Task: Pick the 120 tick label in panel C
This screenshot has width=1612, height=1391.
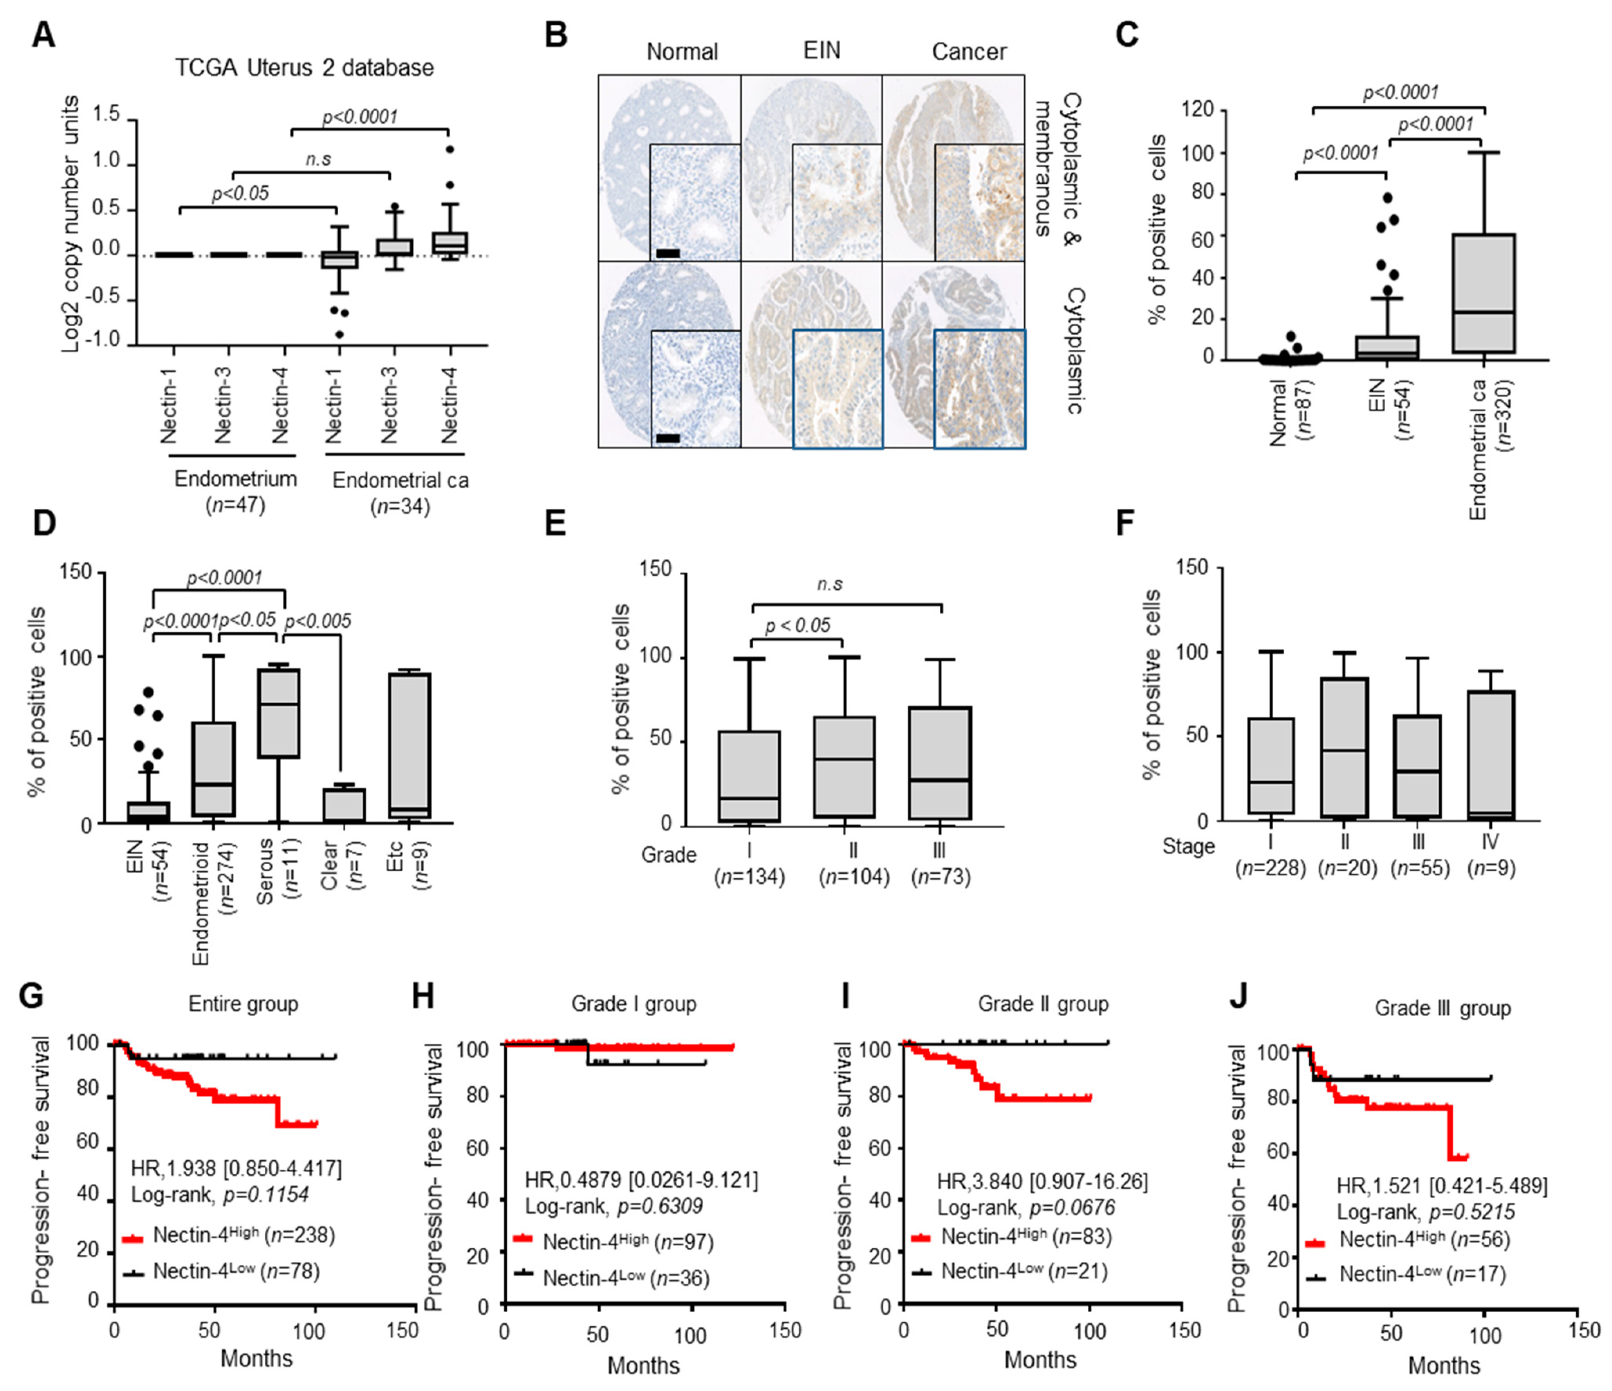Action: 1197,110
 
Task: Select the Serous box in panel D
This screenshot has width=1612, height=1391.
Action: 278,713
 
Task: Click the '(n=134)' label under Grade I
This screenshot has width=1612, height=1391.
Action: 750,877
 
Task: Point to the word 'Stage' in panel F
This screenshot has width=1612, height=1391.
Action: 1188,846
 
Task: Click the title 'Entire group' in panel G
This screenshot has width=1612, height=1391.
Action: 244,1004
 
